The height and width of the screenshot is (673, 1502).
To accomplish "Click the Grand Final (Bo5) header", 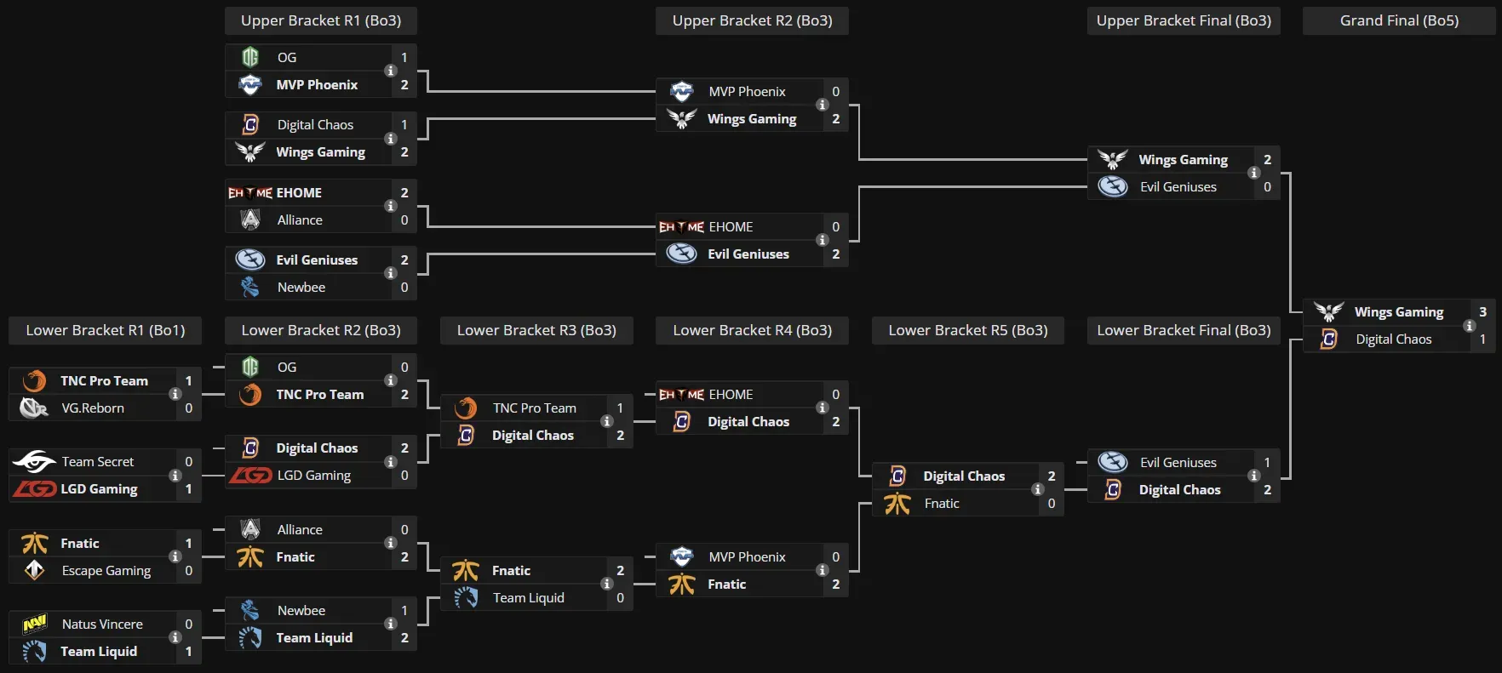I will [1399, 20].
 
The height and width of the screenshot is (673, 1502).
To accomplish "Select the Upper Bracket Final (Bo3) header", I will [1184, 20].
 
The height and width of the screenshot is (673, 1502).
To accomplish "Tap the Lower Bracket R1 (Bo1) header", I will [105, 330].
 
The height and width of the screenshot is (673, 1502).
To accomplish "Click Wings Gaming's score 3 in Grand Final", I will [1482, 312].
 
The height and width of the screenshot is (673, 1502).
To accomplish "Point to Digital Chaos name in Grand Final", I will [1393, 339].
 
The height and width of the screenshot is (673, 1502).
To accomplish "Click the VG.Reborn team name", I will [93, 408].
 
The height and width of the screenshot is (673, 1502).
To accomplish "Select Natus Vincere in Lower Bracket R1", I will [102, 625].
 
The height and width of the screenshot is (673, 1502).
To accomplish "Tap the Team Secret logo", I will [34, 462].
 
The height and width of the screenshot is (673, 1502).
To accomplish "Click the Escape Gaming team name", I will [106, 571].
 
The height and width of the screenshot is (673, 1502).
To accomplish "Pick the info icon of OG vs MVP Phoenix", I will [391, 71].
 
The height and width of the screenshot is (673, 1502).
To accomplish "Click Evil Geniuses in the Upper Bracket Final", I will [1178, 187].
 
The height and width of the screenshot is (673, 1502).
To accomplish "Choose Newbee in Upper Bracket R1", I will [301, 288].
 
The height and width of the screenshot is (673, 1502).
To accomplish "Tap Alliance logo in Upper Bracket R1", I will [250, 220].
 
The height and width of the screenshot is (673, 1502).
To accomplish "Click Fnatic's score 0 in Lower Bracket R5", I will [1052, 504].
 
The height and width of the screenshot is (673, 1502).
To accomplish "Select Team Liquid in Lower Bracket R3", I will [528, 598].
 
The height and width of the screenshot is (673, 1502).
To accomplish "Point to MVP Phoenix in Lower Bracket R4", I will [747, 557].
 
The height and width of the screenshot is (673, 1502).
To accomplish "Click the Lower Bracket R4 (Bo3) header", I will [752, 330].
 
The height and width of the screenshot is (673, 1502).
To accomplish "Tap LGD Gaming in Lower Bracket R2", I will [313, 476].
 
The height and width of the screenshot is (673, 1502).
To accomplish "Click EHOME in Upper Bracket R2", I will [731, 227].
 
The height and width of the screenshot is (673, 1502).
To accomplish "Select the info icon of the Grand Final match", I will [1469, 326].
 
